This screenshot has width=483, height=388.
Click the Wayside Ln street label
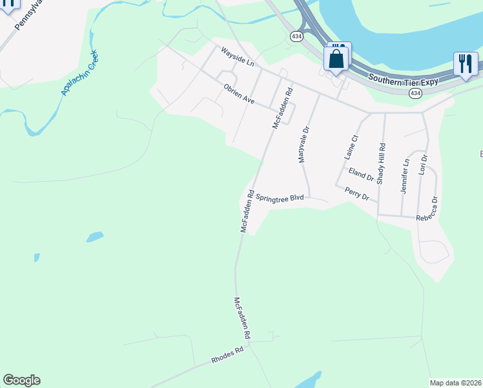[238, 56]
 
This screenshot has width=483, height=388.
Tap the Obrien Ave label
[240, 94]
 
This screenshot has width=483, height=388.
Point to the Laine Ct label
[351, 147]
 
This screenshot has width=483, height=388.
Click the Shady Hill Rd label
[382, 164]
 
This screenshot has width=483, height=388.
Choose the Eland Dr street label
[361, 174]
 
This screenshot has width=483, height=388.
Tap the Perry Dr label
[357, 193]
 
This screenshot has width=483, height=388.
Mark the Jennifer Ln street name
[405, 177]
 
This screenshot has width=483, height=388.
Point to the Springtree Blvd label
[280, 199]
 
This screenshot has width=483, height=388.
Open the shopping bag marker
[336, 59]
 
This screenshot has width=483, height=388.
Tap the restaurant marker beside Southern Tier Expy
[465, 63]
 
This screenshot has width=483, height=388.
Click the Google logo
[21, 380]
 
